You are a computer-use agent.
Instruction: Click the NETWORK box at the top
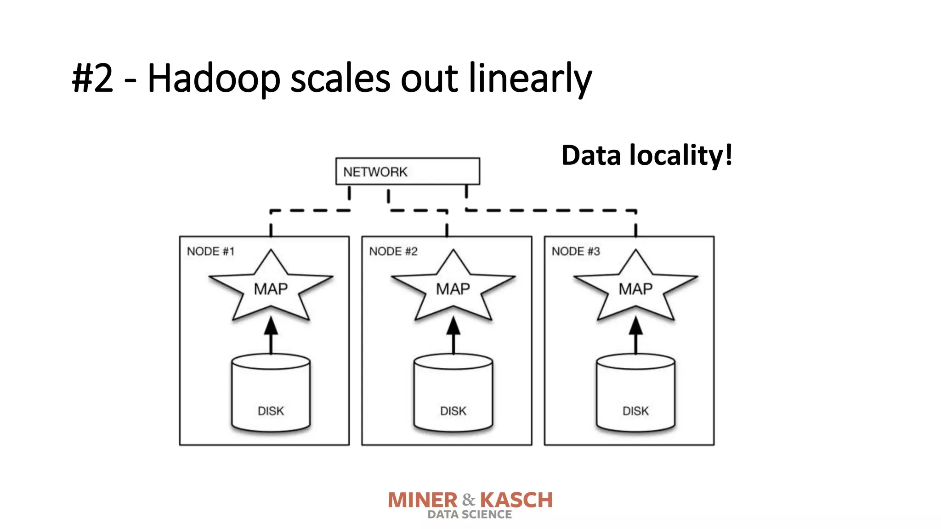(x=408, y=171)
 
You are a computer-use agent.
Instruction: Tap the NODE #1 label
(x=210, y=251)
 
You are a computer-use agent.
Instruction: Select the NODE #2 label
(x=393, y=251)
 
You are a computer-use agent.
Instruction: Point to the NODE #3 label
(x=576, y=251)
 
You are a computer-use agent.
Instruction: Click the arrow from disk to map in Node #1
(x=271, y=335)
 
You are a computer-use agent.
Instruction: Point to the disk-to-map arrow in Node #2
(x=453, y=335)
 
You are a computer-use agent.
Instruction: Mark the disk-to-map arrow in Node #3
(x=636, y=335)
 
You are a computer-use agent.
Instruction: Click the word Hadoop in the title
(x=214, y=78)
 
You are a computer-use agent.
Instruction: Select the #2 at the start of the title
(x=92, y=78)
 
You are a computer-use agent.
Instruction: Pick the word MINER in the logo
(x=423, y=500)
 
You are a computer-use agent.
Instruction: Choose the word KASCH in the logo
(x=516, y=500)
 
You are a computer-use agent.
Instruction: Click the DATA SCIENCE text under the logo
(x=470, y=515)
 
